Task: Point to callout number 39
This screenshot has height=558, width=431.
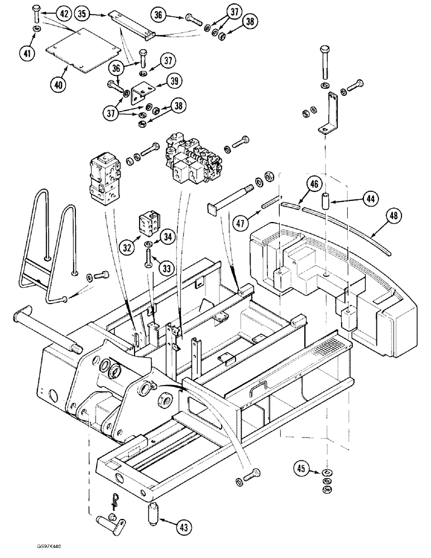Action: pyautogui.click(x=175, y=81)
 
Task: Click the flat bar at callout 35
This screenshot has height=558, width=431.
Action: pyautogui.click(x=132, y=23)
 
